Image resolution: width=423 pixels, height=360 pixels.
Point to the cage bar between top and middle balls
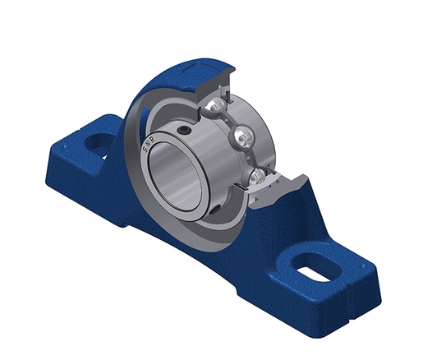click(x=231, y=120)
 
